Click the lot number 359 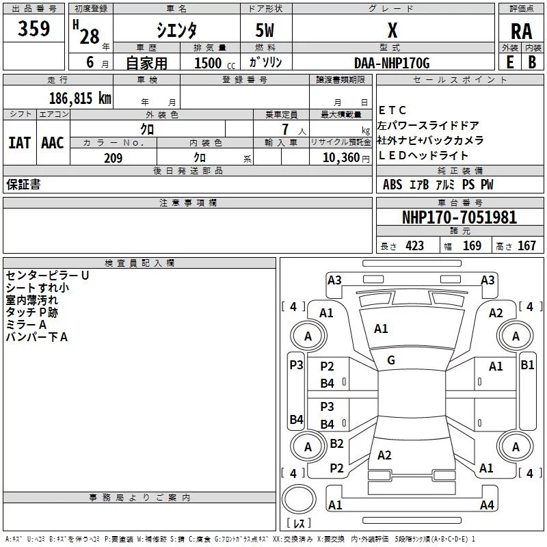(34, 29)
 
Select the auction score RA (521, 31)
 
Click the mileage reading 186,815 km (80, 98)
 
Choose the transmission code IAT (19, 143)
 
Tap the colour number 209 (113, 158)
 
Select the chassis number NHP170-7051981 (459, 217)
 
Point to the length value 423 (414, 246)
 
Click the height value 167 (526, 246)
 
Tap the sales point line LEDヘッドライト (424, 156)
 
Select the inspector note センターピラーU (47, 275)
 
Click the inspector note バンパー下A (37, 336)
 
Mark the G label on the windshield (391, 360)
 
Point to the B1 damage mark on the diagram (527, 365)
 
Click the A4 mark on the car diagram (486, 505)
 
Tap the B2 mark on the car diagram (336, 444)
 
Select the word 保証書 (23, 185)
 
